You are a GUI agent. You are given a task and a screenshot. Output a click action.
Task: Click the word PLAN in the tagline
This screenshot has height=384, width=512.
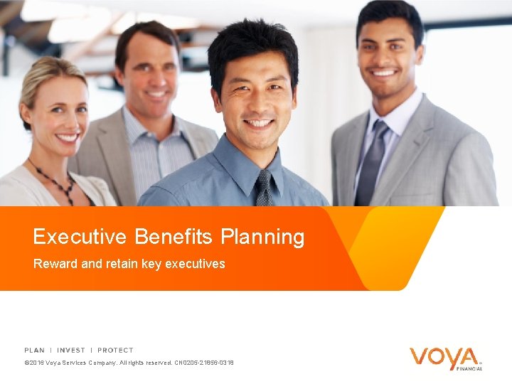(34, 350)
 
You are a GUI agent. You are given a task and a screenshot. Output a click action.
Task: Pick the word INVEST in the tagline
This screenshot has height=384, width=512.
(71, 350)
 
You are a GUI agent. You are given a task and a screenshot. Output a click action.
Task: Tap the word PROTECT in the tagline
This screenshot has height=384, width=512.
(115, 350)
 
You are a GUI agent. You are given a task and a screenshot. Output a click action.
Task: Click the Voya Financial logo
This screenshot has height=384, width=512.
(445, 357)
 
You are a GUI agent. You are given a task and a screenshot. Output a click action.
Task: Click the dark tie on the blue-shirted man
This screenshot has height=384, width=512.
(265, 188)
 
